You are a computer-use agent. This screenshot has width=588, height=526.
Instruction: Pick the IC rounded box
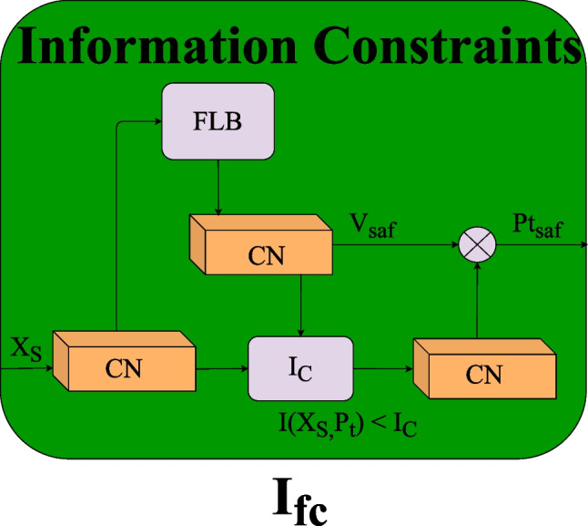(299, 368)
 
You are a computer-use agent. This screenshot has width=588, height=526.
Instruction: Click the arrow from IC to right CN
(382, 369)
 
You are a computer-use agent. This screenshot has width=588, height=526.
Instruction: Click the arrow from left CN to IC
(222, 368)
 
